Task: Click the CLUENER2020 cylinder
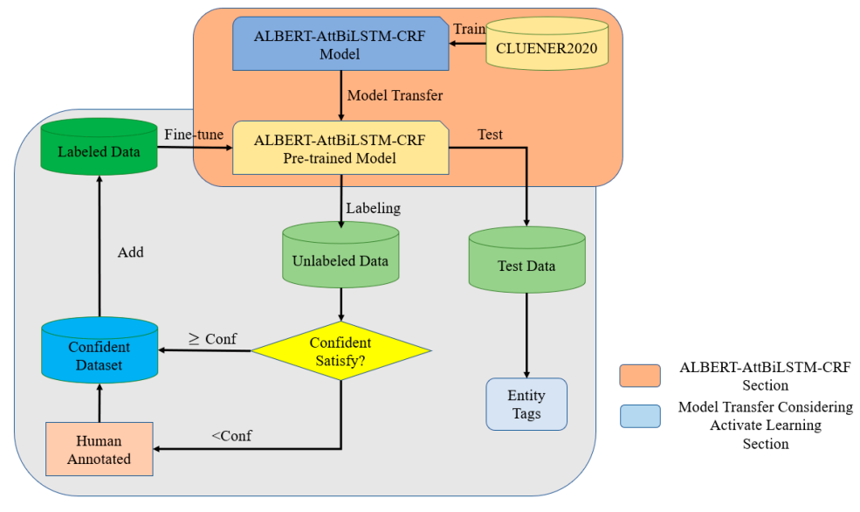[x=547, y=48]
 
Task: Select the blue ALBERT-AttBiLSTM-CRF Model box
[x=341, y=44]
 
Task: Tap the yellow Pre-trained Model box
[x=341, y=149]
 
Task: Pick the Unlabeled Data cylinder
[x=341, y=259]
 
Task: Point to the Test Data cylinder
[x=526, y=265]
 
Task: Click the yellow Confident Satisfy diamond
[x=341, y=351]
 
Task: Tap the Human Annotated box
[x=99, y=450]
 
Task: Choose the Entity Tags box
[x=526, y=404]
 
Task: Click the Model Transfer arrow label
[x=395, y=95]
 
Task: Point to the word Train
[x=469, y=30]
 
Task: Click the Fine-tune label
[x=194, y=134]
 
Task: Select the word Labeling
[x=373, y=209]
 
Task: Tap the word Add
[x=130, y=253]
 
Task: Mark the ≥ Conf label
[x=213, y=339]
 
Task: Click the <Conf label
[x=231, y=435]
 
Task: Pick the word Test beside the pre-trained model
[x=490, y=135]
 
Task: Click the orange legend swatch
[x=639, y=375]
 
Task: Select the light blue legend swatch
[x=639, y=417]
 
